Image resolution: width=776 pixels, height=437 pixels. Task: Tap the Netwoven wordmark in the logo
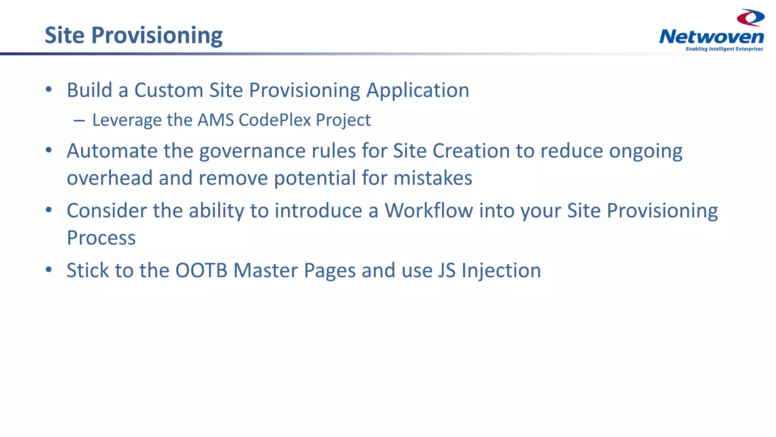tap(711, 37)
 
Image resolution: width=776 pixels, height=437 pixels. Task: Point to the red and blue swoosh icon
tap(750, 17)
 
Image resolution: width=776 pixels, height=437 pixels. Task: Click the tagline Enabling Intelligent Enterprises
tap(724, 49)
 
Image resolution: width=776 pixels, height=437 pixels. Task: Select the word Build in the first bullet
tap(89, 90)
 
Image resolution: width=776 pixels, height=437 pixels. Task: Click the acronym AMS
tap(216, 120)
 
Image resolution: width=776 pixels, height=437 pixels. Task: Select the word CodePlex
tap(275, 120)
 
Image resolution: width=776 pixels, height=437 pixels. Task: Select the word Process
tap(101, 238)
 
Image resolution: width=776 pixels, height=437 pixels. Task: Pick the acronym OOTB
tap(201, 270)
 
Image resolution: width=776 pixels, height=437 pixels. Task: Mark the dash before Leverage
tap(79, 121)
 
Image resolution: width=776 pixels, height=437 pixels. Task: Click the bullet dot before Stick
tap(48, 270)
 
